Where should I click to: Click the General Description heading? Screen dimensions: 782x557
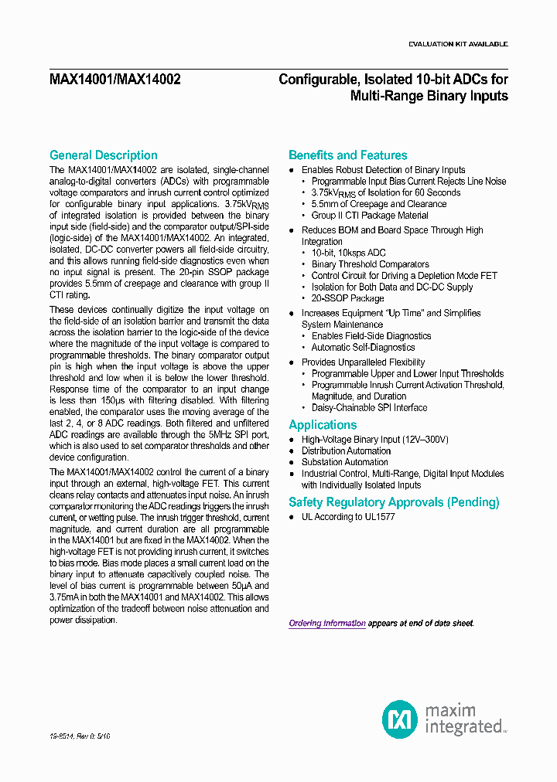pos(103,155)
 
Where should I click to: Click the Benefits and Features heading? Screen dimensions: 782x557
pos(347,155)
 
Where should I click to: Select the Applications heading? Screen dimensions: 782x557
pos(323,425)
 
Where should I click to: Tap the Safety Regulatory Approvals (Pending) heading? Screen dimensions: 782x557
pos(394,502)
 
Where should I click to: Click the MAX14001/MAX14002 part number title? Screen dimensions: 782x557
pos(114,79)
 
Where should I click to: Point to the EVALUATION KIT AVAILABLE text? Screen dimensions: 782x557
pos(457,44)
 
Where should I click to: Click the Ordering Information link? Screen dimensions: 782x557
pos(327,623)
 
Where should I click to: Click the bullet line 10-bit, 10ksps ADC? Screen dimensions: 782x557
pos(348,253)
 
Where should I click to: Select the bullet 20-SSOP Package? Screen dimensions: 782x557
pos(347,298)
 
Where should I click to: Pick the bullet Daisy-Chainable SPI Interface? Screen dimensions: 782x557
pos(369,407)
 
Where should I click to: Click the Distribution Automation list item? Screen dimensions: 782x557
pos(346,450)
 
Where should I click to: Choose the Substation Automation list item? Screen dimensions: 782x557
pos(344,462)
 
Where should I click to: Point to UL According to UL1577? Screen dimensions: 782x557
pos(348,516)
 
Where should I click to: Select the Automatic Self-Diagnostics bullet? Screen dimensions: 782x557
pos(363,348)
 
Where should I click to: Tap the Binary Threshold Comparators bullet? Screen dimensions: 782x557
pos(370,264)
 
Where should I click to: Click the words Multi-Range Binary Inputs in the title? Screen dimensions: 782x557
pos(429,96)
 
